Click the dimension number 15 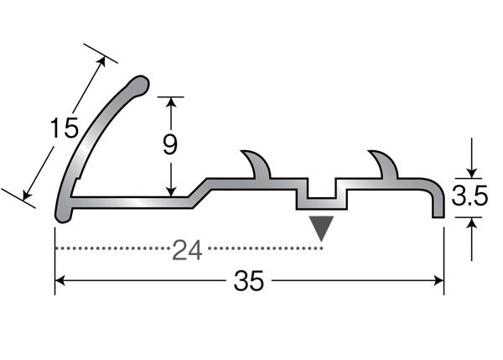coord(65,128)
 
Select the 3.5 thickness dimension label coord(469,196)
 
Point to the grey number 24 coord(187,250)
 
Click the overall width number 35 coord(249,280)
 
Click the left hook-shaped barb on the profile coord(257,164)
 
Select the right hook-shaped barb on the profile coord(384,164)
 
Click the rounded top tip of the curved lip coord(140,85)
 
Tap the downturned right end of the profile coord(438,202)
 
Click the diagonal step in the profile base coord(200,193)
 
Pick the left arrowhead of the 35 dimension coord(60,280)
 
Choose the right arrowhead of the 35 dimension coord(438,280)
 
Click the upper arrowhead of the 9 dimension coord(171,102)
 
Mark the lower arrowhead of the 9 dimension coord(171,191)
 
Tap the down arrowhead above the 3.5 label coord(471,174)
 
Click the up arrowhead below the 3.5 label coord(471,222)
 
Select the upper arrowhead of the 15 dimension coord(101,62)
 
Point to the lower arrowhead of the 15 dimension coord(27,195)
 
